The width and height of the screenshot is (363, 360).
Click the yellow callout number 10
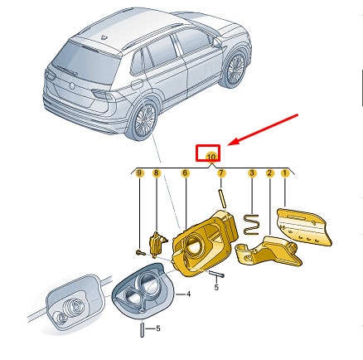click(211, 157)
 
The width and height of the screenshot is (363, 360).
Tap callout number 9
click(140, 173)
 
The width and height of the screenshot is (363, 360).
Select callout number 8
click(156, 173)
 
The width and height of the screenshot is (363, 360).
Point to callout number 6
click(185, 173)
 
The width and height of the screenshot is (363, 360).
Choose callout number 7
click(221, 173)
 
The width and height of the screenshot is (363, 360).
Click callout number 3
click(252, 173)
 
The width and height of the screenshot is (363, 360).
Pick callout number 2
click(269, 173)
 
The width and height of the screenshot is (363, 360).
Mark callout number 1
click(285, 173)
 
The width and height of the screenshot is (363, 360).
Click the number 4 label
click(188, 294)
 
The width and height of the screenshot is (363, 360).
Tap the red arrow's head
click(232, 142)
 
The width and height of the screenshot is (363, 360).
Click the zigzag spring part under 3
click(251, 225)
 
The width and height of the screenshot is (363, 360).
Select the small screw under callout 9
click(140, 252)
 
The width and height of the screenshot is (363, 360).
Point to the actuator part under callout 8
click(157, 242)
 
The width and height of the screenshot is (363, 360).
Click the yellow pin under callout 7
click(222, 198)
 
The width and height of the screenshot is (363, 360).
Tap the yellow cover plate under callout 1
click(304, 227)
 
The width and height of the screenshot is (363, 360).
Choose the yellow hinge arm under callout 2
click(268, 251)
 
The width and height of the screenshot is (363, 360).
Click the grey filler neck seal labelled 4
click(143, 290)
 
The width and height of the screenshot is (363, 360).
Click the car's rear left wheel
click(144, 120)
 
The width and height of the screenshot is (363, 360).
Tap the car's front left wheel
click(235, 70)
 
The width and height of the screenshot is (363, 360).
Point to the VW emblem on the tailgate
click(72, 85)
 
